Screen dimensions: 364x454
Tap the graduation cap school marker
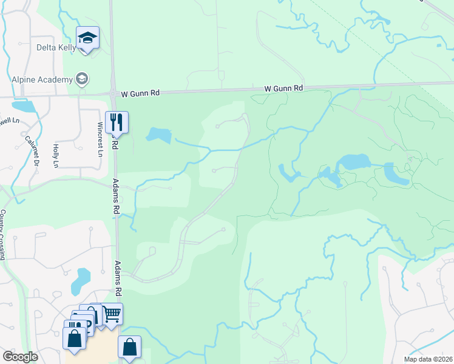coord(87,38)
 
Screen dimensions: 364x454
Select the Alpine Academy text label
coord(41,79)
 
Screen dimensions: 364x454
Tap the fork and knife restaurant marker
coord(116,122)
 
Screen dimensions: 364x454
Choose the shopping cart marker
coord(112,314)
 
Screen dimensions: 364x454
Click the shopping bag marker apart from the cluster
coord(130,348)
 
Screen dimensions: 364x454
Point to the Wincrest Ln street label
coord(100,139)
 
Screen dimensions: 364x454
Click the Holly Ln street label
coord(55,155)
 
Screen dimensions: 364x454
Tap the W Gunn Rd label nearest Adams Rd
coord(140,93)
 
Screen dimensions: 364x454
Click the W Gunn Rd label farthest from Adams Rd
coord(283,89)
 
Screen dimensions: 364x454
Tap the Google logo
coord(21,357)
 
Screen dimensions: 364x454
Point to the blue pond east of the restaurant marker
coord(159,135)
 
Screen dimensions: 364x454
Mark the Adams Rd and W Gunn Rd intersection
coord(113,93)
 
